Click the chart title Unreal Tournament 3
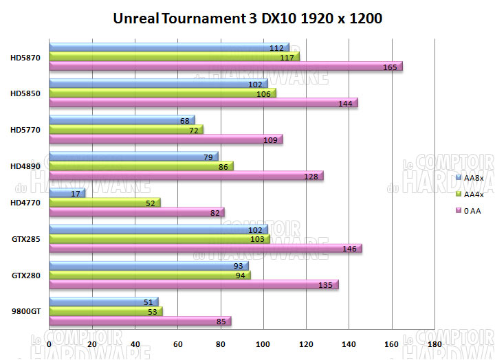pos(247,19)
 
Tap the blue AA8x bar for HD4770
pos(67,193)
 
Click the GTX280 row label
pos(25,275)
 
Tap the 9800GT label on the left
pos(26,311)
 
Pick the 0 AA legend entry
pos(472,211)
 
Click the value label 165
pos(390,67)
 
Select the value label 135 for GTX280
pos(326,284)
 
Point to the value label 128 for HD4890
pos(311,176)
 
